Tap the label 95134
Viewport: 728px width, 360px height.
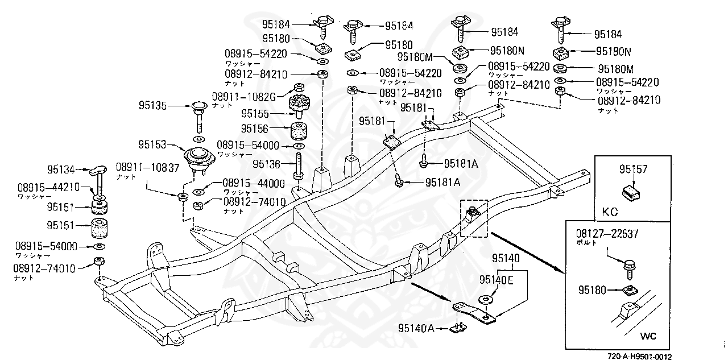tap(61, 169)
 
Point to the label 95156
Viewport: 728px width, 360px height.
tap(255, 129)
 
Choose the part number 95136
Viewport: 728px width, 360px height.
tap(267, 164)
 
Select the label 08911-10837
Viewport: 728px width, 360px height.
tap(148, 168)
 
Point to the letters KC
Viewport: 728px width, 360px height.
tap(610, 211)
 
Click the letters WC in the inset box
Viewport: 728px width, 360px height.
tap(648, 336)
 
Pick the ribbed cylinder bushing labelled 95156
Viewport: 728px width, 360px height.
tap(299, 132)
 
